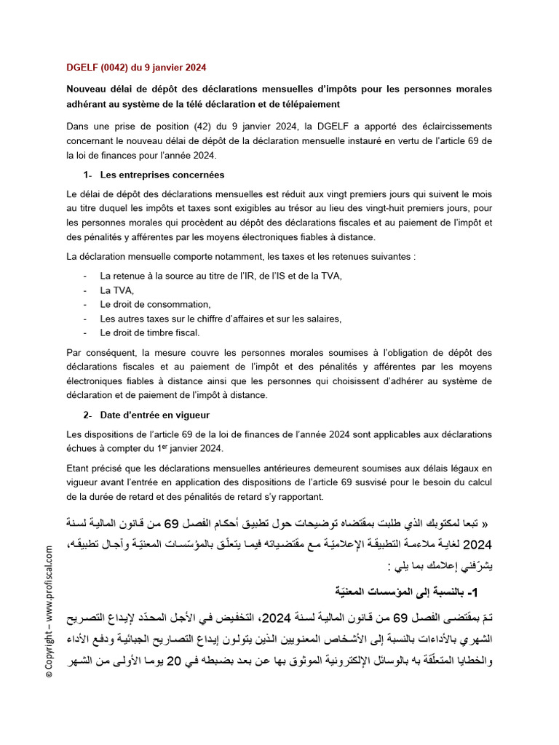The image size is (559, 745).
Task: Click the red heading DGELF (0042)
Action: (136, 67)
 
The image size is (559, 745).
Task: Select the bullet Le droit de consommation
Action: (155, 304)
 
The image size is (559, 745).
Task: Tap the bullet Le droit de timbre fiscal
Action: (149, 332)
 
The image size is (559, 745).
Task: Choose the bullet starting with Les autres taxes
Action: (221, 318)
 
